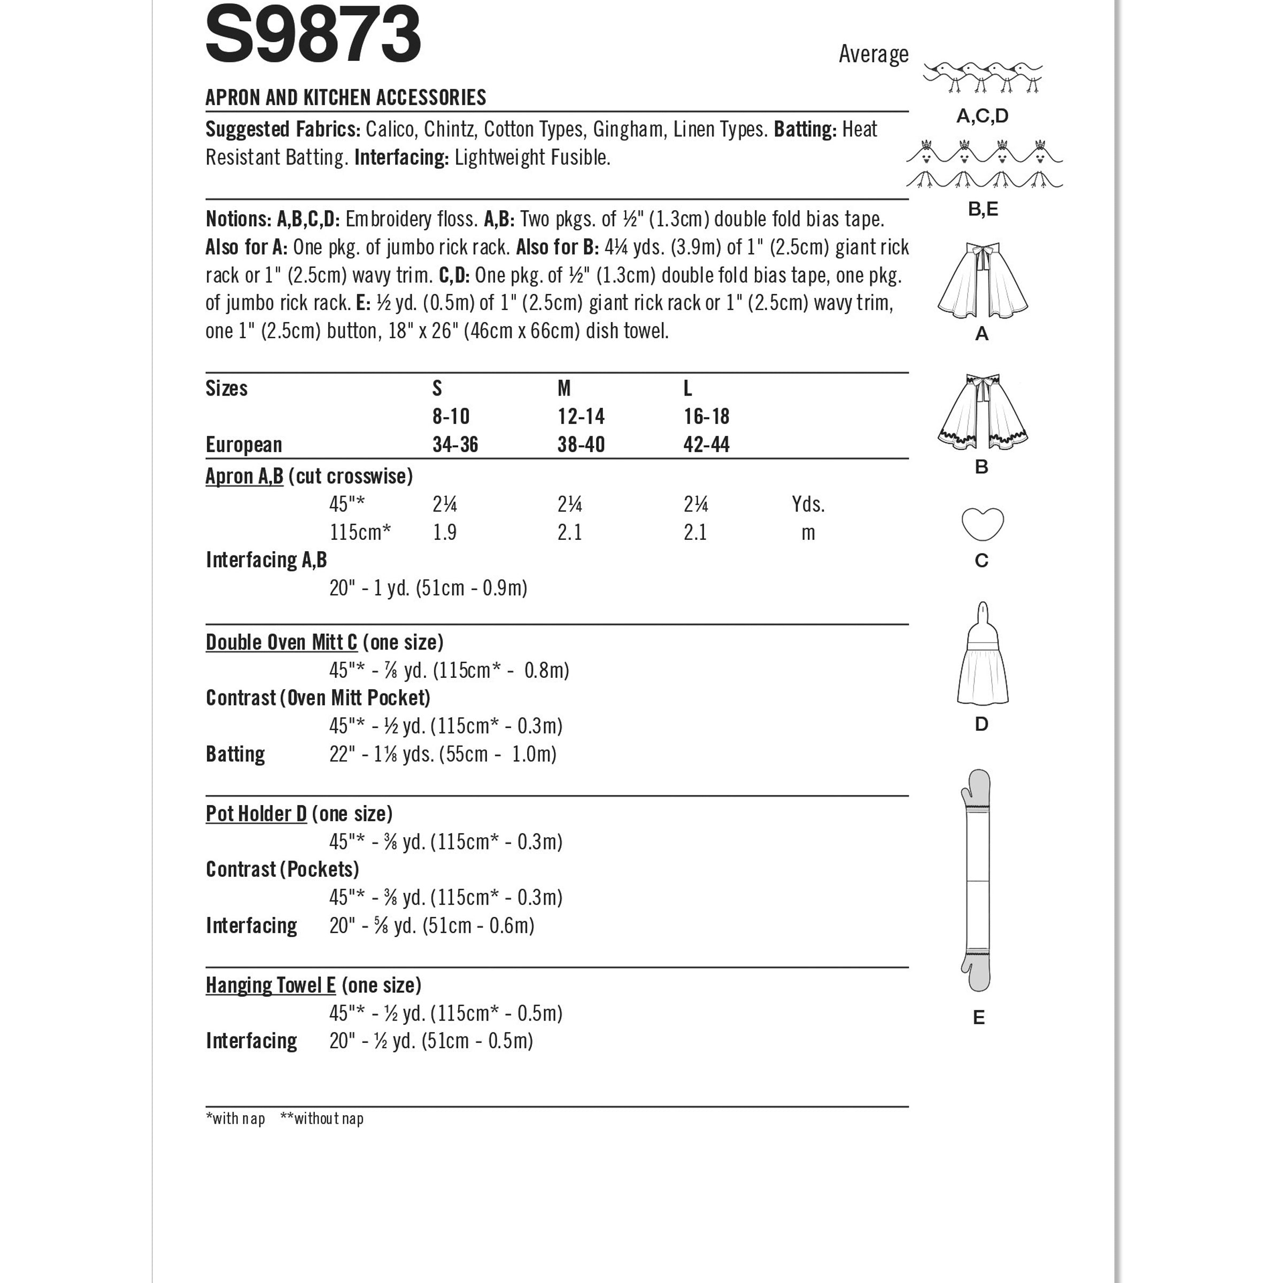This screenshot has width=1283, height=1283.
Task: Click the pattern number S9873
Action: (x=313, y=35)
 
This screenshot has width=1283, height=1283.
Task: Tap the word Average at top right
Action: (x=872, y=55)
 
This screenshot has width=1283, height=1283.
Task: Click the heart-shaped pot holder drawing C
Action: (x=982, y=524)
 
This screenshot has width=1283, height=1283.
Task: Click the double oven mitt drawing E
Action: (x=976, y=880)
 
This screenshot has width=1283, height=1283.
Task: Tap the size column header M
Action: (x=564, y=389)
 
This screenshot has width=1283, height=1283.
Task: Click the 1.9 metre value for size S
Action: (x=444, y=532)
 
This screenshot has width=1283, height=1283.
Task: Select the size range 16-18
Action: (x=706, y=417)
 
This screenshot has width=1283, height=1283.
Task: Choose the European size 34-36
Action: (x=455, y=445)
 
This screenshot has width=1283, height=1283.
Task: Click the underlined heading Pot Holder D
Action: (x=257, y=814)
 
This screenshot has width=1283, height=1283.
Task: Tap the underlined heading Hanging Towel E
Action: (x=270, y=985)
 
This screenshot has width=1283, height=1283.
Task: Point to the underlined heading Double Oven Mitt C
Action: (x=281, y=643)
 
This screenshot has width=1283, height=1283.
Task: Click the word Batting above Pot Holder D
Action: (x=235, y=754)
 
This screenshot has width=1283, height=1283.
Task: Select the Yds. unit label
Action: (x=808, y=505)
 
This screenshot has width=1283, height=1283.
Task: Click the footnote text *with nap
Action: (x=235, y=1119)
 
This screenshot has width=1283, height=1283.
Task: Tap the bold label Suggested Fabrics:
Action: (x=283, y=129)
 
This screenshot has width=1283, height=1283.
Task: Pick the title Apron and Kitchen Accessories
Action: (x=345, y=98)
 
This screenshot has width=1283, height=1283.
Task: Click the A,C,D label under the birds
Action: (x=981, y=116)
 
